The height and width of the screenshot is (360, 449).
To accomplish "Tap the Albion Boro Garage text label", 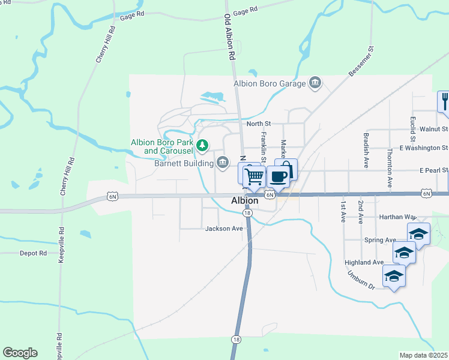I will click(270, 83).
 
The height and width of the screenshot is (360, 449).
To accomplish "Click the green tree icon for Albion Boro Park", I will click(203, 145).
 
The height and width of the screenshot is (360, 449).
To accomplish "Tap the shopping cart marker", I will click(255, 176).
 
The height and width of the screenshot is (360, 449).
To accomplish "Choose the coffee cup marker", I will click(278, 176).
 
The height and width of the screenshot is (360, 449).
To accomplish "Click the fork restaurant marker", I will click(444, 101).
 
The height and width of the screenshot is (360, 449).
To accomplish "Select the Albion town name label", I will click(245, 201).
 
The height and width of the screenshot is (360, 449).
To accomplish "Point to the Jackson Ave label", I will click(223, 229).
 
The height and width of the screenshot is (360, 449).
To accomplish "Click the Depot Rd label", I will click(33, 253).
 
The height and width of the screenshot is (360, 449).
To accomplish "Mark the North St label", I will click(259, 124).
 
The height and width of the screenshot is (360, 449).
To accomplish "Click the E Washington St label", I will click(424, 148).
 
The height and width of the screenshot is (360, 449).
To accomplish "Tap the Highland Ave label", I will click(364, 263).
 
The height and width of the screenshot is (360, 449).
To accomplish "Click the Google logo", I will click(20, 353).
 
